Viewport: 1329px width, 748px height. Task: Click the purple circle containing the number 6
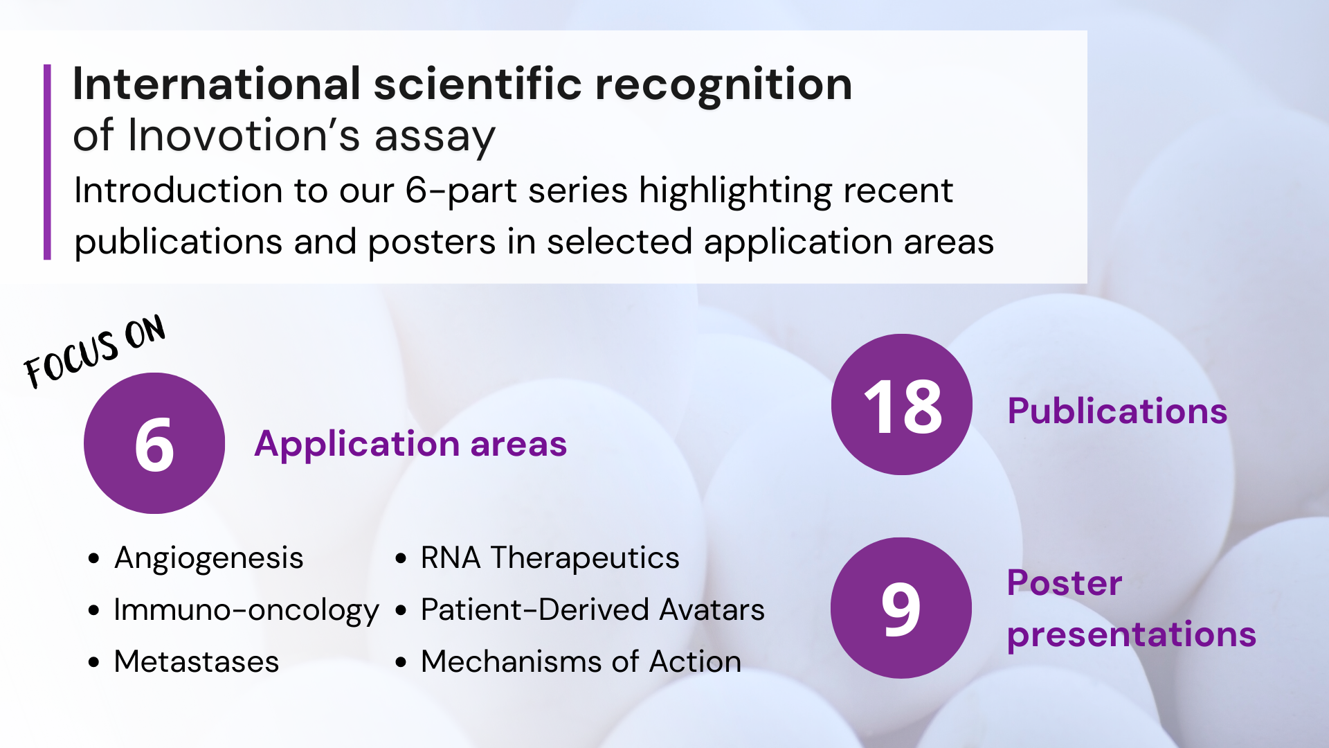154,443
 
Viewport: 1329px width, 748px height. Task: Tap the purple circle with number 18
902,404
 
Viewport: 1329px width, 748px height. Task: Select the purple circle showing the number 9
901,608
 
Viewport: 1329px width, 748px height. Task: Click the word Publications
1117,411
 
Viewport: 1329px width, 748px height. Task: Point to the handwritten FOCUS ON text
95,351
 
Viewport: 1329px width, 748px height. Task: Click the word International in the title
217,84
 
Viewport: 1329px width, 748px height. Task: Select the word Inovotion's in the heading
244,135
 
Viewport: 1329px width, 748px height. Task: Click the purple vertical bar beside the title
47,162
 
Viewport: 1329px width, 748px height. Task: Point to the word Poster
1065,583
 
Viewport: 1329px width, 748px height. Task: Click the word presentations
1132,636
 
